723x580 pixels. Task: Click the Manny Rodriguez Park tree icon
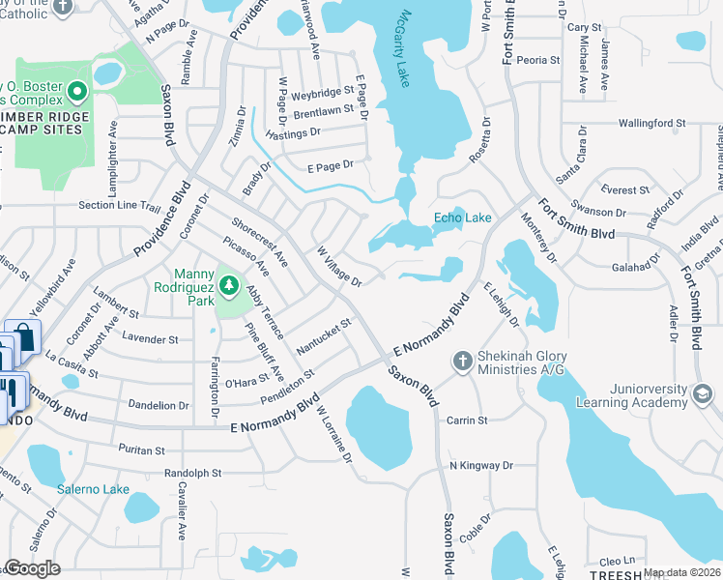(229, 284)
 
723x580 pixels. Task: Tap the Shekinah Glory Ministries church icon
(462, 361)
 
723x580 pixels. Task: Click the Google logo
(32, 568)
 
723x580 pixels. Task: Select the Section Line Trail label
(119, 206)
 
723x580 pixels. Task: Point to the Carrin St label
(467, 420)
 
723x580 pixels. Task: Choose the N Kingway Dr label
(481, 466)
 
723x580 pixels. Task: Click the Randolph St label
(192, 474)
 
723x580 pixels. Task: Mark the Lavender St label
(150, 339)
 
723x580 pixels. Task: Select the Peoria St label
(536, 60)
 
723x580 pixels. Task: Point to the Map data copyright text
(681, 572)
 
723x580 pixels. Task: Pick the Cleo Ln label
(616, 561)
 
